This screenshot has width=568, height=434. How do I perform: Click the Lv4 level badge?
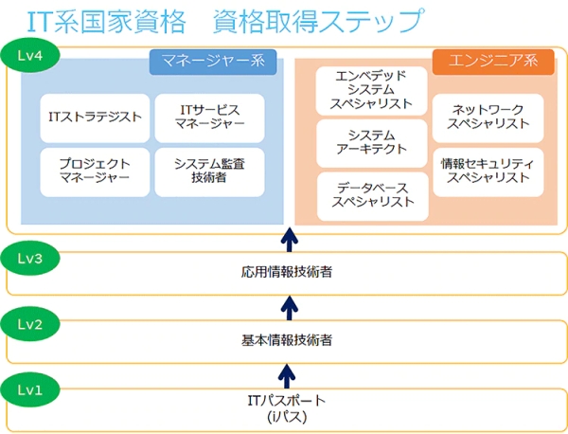30,53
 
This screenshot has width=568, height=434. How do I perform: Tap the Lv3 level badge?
30,256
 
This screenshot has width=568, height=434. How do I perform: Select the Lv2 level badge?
30,324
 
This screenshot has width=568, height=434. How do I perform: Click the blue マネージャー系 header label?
213,63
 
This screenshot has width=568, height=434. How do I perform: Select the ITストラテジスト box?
96,118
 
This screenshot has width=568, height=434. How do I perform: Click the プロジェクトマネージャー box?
96,171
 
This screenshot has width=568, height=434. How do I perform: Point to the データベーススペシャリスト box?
372,194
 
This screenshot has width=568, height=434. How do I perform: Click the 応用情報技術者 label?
287,273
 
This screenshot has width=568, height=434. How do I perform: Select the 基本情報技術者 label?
287,339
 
